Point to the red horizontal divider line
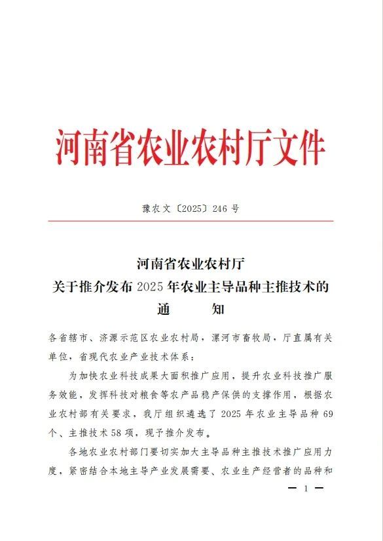click(191, 222)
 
